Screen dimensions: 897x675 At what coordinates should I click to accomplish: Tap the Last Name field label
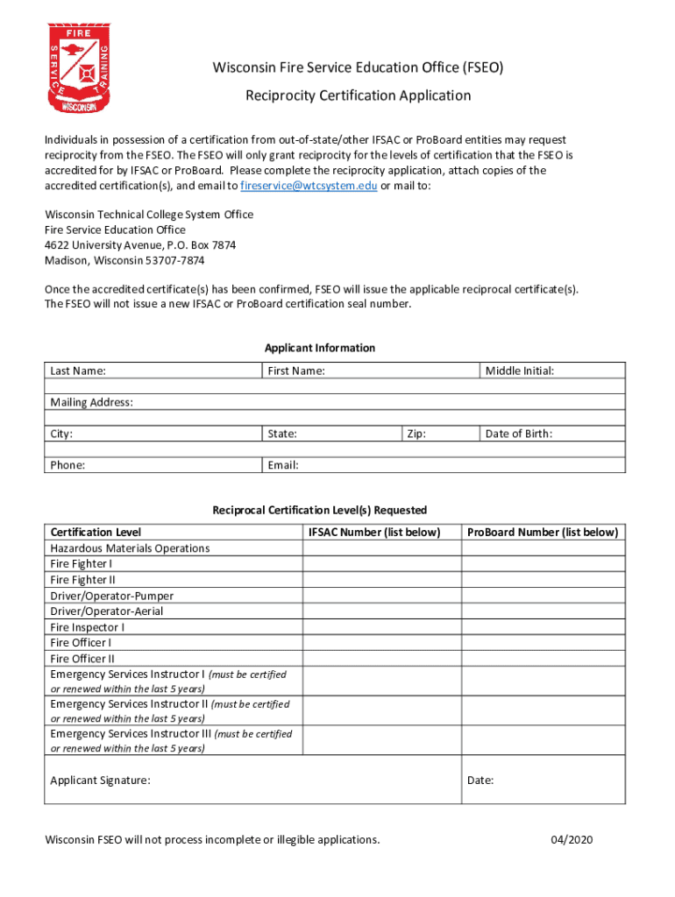(x=78, y=371)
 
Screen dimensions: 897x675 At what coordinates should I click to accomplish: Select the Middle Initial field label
(x=520, y=371)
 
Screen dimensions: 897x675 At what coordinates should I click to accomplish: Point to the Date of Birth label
(x=519, y=434)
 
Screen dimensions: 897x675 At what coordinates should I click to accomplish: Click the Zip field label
(x=417, y=434)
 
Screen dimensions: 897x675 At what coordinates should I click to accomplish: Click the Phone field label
(x=67, y=465)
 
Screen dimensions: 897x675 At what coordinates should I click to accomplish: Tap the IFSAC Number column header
(x=373, y=533)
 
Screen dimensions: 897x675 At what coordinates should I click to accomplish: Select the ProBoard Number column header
(x=543, y=533)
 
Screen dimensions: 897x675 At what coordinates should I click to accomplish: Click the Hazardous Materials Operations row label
(x=130, y=548)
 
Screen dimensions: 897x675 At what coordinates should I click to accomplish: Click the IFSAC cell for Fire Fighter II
(x=381, y=580)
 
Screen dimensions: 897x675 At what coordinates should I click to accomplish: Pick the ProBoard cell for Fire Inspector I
(x=543, y=627)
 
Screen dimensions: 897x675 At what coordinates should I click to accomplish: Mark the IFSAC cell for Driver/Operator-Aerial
(x=381, y=611)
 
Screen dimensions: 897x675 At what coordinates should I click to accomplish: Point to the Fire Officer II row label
(x=82, y=659)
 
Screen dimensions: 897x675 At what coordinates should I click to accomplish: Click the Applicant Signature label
(x=100, y=780)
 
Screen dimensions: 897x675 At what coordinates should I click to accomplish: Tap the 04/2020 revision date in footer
(x=572, y=840)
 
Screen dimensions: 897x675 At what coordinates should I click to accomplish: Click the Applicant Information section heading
(x=320, y=348)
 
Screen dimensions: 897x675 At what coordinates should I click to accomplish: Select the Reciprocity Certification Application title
(x=358, y=95)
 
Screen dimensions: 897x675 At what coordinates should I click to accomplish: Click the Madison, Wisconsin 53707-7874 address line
(x=124, y=260)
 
